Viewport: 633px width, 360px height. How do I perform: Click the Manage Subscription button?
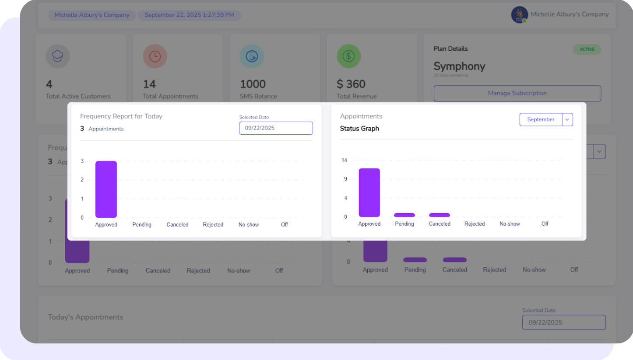click(x=517, y=93)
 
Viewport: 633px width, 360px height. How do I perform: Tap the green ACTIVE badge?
click(x=587, y=49)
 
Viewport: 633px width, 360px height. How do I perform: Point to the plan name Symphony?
click(x=459, y=66)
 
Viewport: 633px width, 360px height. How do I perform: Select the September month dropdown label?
click(x=541, y=119)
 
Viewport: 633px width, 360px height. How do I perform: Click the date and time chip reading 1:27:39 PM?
click(x=189, y=15)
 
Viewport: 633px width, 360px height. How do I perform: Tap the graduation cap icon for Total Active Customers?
click(x=58, y=56)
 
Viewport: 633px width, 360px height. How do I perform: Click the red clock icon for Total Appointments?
click(x=155, y=56)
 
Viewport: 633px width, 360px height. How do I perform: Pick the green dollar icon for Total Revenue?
click(x=348, y=56)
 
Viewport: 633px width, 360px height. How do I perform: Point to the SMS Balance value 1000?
click(x=253, y=84)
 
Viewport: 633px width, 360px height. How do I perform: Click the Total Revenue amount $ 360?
click(x=351, y=84)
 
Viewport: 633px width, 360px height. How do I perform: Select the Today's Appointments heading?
click(x=85, y=317)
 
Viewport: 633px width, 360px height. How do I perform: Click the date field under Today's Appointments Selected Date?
click(x=563, y=322)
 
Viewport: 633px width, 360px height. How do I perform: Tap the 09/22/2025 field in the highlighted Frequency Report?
click(x=276, y=128)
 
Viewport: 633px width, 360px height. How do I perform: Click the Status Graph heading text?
click(x=359, y=129)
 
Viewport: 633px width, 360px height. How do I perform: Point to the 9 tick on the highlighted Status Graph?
click(x=345, y=179)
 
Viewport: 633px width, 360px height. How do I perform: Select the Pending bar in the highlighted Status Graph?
click(x=404, y=215)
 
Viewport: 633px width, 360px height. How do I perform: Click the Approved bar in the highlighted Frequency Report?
click(x=106, y=189)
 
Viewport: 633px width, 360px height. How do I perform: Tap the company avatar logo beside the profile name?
click(x=519, y=15)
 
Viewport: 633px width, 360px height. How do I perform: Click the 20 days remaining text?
click(x=451, y=76)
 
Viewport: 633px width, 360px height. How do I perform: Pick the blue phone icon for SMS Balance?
click(x=252, y=56)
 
